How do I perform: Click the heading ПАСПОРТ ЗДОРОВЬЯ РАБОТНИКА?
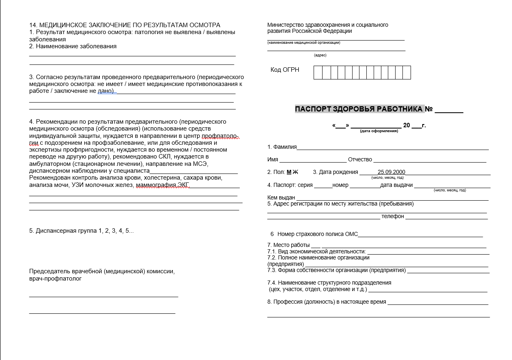(359, 109)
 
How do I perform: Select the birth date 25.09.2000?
(391, 172)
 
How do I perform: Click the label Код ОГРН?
(285, 70)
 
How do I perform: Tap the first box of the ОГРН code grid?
(318, 73)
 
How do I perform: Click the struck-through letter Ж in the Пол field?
(295, 172)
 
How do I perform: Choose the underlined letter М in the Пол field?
(289, 172)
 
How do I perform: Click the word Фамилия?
(285, 147)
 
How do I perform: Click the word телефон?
(392, 216)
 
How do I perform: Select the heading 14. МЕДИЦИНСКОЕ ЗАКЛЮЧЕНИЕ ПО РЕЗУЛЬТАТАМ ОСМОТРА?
(125, 25)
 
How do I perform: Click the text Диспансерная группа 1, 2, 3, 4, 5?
(81, 231)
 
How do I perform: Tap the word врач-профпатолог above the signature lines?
(55, 279)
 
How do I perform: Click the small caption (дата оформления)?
(379, 131)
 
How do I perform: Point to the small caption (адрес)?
(320, 55)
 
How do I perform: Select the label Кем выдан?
(281, 197)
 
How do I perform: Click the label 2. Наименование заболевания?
(73, 46)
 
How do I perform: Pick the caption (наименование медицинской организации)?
(303, 43)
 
